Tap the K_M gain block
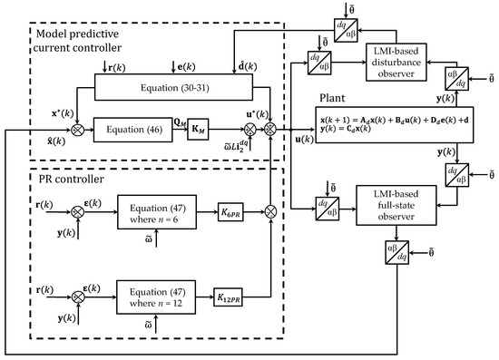pyautogui.click(x=223, y=131)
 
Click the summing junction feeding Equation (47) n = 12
pyautogui.click(x=78, y=296)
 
